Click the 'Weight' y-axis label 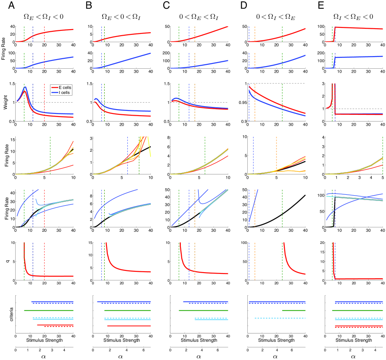[x=4, y=102]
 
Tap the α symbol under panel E [x=353, y=357]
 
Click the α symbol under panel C [x=199, y=357]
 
